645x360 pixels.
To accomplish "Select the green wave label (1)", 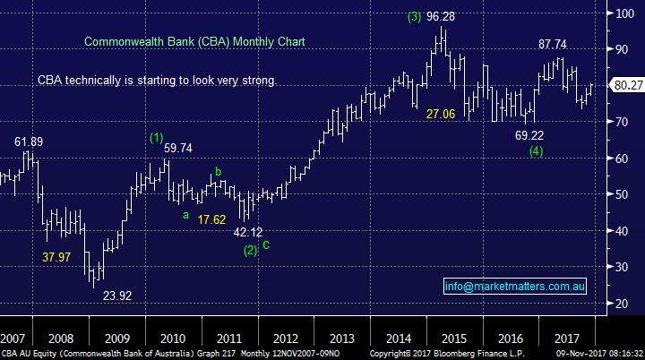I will pos(157,137).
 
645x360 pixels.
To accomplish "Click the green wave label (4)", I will pos(536,150).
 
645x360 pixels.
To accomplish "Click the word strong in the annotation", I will pos(260,81).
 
